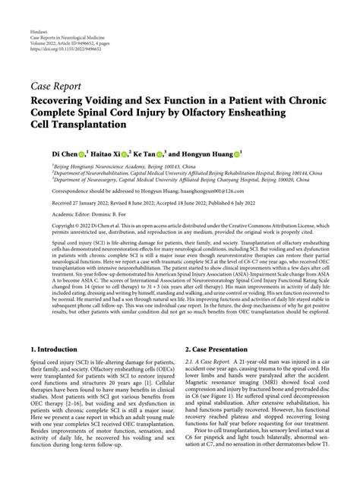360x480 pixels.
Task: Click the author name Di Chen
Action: [x=64, y=153]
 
